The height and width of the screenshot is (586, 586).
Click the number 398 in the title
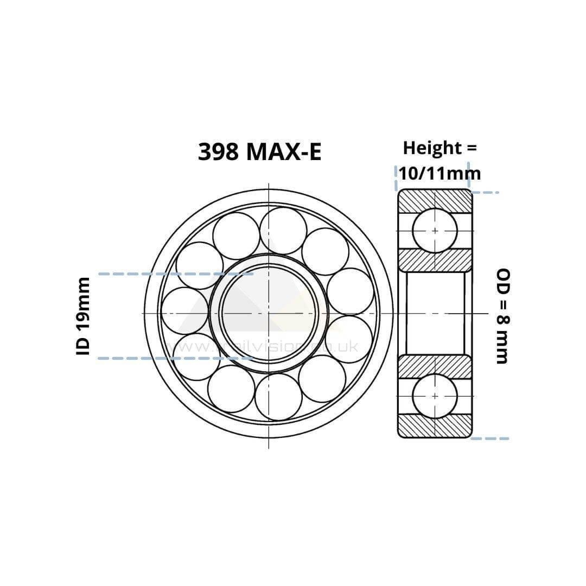(218, 152)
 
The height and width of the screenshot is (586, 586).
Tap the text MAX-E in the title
(284, 152)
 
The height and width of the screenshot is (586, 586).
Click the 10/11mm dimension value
(439, 173)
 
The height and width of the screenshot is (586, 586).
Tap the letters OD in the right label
(503, 279)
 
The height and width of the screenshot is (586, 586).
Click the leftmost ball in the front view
(185, 311)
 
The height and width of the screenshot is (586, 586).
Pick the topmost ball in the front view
(283, 231)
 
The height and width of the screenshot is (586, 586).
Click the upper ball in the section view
(435, 231)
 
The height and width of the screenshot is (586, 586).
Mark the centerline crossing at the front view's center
(269, 313)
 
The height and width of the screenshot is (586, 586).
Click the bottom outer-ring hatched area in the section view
(435, 427)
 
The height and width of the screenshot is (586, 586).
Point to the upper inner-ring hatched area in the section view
(435, 260)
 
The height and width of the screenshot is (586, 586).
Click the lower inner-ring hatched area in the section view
(435, 366)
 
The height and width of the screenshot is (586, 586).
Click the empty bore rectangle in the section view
(435, 313)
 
